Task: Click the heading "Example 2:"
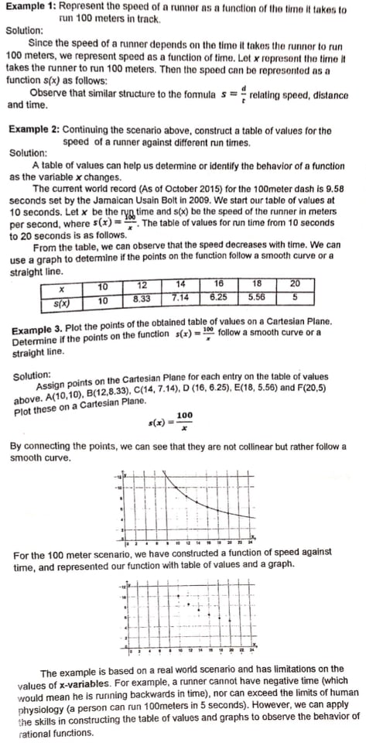point(33,131)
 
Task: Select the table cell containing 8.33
point(142,296)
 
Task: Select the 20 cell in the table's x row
point(294,285)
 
